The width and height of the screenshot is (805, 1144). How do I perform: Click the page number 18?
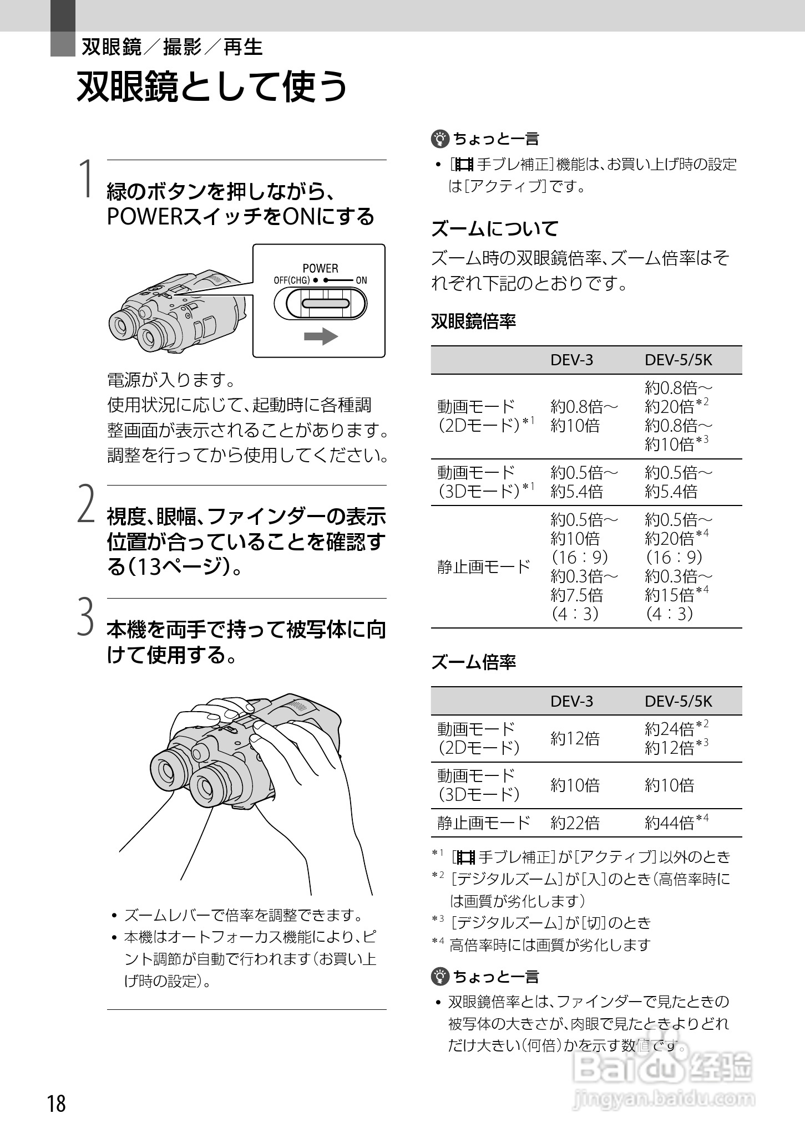point(57,1104)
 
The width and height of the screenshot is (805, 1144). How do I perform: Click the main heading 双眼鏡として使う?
point(212,86)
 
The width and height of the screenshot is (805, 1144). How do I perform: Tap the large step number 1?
point(85,178)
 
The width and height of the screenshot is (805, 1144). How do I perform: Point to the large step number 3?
point(85,616)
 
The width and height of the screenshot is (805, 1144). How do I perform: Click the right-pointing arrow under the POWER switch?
point(321,336)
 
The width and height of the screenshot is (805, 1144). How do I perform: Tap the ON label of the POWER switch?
point(361,280)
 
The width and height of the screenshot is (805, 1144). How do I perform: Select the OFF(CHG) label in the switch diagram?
point(291,280)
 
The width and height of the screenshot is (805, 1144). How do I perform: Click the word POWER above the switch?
point(320,268)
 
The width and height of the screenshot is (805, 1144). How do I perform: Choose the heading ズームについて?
point(495,228)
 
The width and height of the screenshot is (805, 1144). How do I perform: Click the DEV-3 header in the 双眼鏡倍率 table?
point(571,360)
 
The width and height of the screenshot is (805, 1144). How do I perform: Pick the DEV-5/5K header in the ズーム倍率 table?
point(678,701)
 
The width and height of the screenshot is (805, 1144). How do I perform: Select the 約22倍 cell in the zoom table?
point(575,823)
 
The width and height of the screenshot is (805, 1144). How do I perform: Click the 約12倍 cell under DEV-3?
point(575,738)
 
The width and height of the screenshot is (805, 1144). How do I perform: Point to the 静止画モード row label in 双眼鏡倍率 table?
point(484,566)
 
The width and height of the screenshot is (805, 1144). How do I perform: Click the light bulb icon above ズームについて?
point(439,139)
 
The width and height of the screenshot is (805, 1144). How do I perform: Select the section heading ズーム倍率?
point(473,661)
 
